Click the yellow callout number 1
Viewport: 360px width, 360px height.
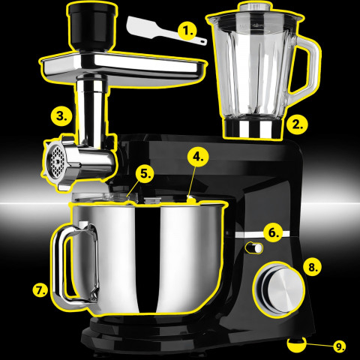click(187, 31)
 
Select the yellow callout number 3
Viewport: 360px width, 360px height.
click(62, 116)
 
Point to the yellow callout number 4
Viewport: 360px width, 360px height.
click(196, 157)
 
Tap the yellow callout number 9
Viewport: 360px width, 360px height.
click(339, 346)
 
